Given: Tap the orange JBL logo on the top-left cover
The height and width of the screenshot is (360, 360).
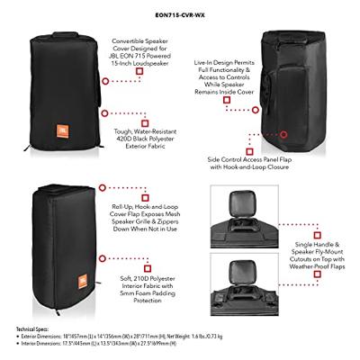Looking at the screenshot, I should coord(55,102).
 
